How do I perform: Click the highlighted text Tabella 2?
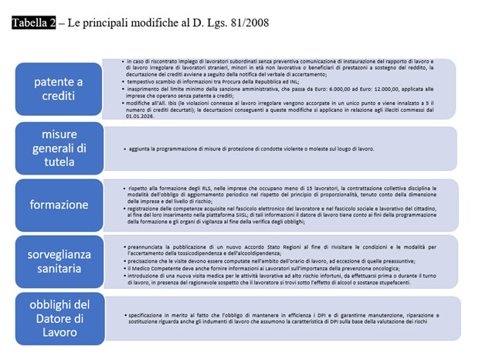[34, 22]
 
